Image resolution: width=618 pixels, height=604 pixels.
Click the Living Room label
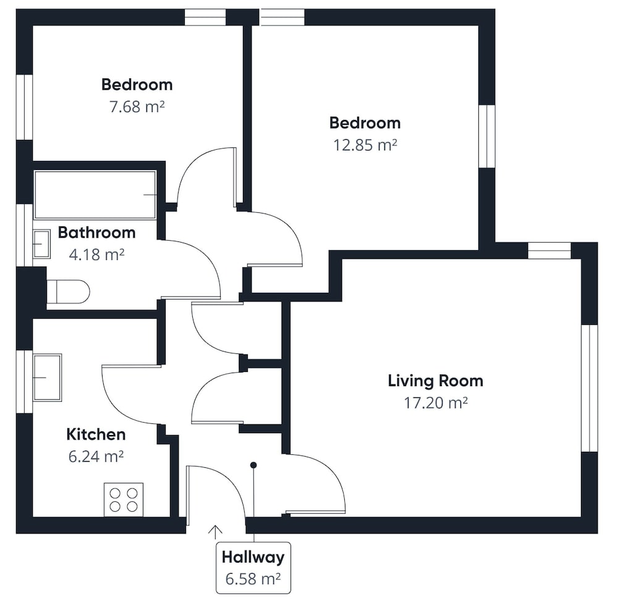436,381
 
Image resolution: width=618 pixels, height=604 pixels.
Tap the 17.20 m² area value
436,403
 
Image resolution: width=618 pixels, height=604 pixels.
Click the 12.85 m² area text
365,145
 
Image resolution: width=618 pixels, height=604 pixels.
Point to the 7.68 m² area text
137,107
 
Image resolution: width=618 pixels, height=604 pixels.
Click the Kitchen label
96,434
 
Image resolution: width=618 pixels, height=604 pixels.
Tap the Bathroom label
96,233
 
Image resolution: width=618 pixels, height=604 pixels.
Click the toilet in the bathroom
68,291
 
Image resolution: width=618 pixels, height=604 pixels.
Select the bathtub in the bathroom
95,194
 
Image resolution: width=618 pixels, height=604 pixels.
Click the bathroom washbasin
41,244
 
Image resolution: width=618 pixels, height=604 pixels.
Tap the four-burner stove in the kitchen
124,500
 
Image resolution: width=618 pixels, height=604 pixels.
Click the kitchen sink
48,377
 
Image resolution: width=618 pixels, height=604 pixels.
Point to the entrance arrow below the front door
215,532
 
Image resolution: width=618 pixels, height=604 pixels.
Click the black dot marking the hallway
253,465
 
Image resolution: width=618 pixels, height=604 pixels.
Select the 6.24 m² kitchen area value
96,457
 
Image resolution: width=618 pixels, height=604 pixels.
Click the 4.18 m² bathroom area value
96,254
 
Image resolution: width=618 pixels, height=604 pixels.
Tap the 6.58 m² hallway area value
253,579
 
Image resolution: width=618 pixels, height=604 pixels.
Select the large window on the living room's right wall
590,388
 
